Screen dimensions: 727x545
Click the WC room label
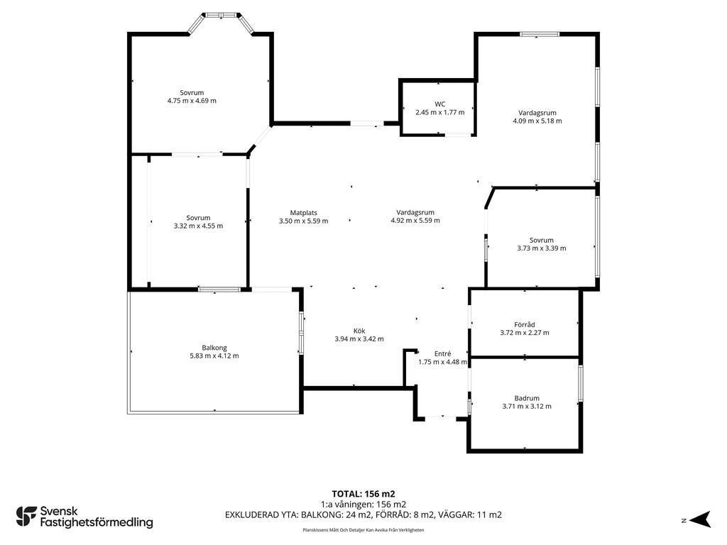point(440,104)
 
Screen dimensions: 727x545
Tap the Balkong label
point(214,348)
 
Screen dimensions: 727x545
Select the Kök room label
point(359,331)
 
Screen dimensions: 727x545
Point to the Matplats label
point(304,213)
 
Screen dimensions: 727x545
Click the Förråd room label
point(525,324)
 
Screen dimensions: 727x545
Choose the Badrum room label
point(527,398)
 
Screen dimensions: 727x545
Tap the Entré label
point(442,353)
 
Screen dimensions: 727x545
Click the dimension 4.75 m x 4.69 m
point(192,101)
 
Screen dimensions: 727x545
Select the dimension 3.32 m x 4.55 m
point(199,226)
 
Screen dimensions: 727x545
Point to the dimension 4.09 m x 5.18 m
point(537,121)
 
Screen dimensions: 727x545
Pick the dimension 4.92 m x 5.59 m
point(415,221)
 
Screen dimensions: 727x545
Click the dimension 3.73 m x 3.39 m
point(542,248)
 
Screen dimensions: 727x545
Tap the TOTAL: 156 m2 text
point(363,494)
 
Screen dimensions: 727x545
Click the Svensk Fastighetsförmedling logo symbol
point(26,517)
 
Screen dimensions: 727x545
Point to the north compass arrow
point(700,519)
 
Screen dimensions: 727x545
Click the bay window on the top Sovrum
point(221,22)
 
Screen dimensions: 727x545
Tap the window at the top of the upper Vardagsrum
point(540,34)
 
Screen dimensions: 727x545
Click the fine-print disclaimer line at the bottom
point(363,530)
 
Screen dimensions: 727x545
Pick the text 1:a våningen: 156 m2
point(363,505)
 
